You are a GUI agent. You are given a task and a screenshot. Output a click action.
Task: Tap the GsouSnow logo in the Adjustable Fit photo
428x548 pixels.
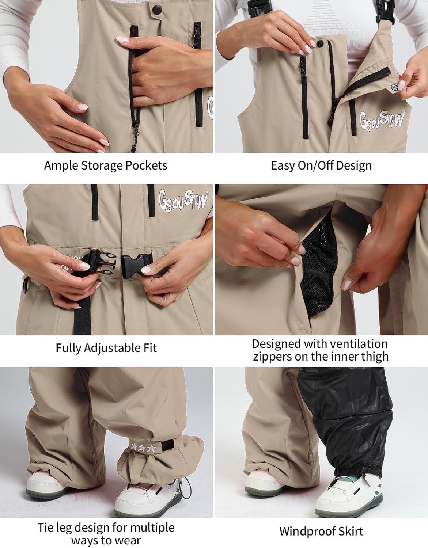click(x=183, y=201)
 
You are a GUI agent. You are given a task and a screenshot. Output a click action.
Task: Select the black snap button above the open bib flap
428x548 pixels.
click(x=320, y=43)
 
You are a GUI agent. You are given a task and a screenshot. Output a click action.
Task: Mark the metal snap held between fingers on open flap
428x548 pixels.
click(x=393, y=87)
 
